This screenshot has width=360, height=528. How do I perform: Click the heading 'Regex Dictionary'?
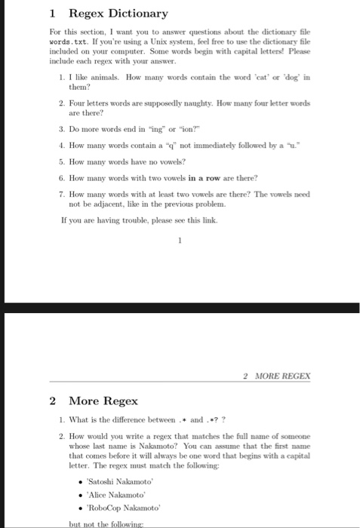tap(118, 14)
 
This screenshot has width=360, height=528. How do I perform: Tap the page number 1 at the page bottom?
tap(180, 242)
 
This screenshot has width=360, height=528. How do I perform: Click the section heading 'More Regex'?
tap(103, 401)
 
